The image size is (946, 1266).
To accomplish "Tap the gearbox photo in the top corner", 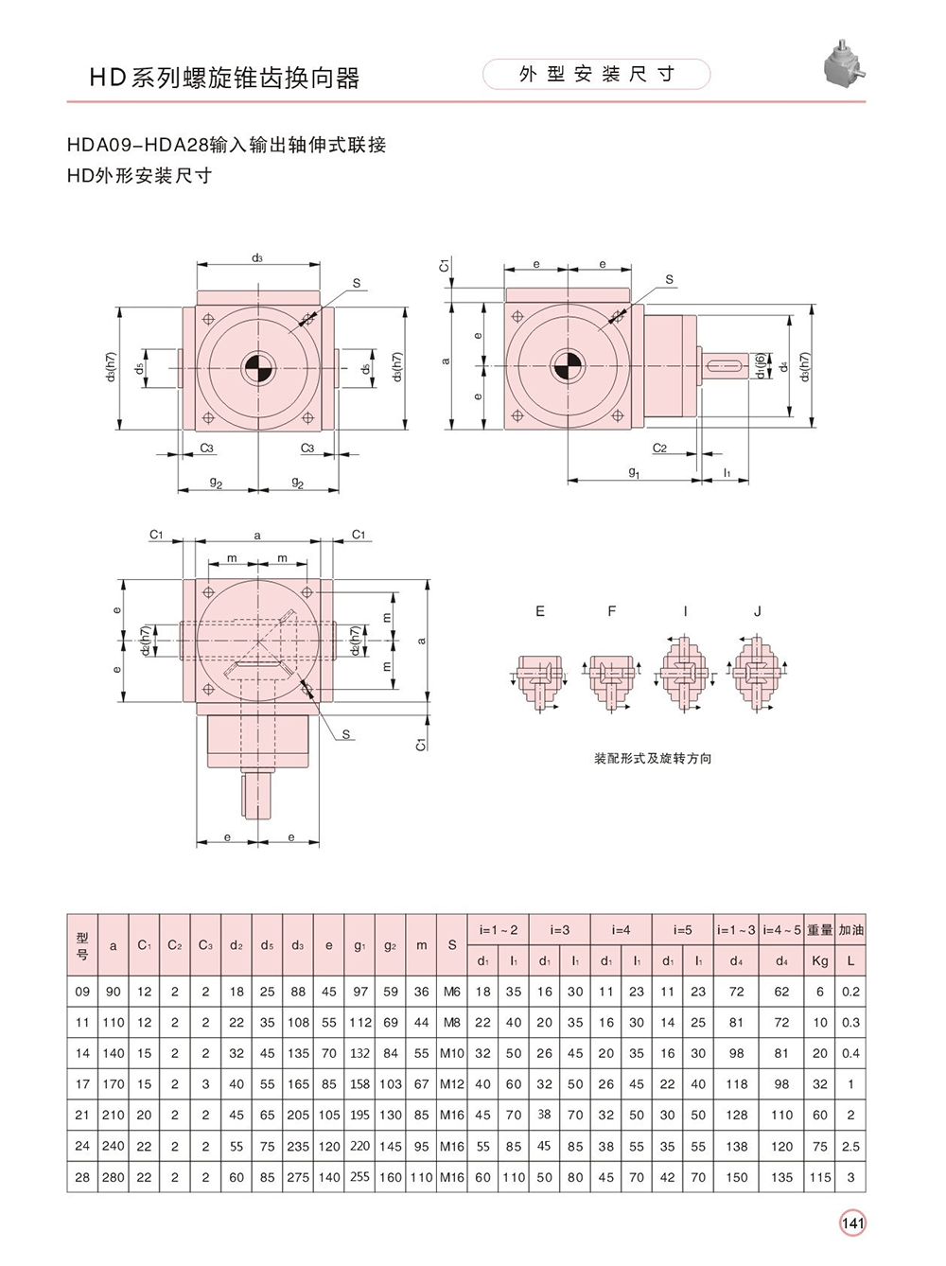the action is pos(844,63).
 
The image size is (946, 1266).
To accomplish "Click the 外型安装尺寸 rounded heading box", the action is pos(596,75).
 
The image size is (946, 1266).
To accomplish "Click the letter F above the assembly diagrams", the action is pos(612,611).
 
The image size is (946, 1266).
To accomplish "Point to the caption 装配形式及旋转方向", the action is pos(653,759).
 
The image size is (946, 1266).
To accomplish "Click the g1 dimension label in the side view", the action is pos(634,472).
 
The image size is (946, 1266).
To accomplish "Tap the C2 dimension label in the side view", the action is pos(659,448).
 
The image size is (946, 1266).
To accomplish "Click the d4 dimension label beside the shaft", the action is pos(783,365).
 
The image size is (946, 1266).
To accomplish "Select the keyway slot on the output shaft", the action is pos(725,365).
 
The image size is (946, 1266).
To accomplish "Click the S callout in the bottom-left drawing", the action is pos(346,734).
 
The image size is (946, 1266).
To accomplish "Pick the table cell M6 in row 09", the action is pos(452,992).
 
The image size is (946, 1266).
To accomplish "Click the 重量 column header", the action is pos(820,930).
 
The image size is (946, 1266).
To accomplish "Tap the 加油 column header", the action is pos(850,930).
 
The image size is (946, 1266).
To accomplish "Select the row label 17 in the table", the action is pos(82,1083).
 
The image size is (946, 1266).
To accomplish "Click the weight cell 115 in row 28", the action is pos(820,1177).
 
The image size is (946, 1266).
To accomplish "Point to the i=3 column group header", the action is pos(560,930).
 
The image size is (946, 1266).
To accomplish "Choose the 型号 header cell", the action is pos(82,945).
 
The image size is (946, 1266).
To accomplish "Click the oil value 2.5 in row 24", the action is pos(850,1146).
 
